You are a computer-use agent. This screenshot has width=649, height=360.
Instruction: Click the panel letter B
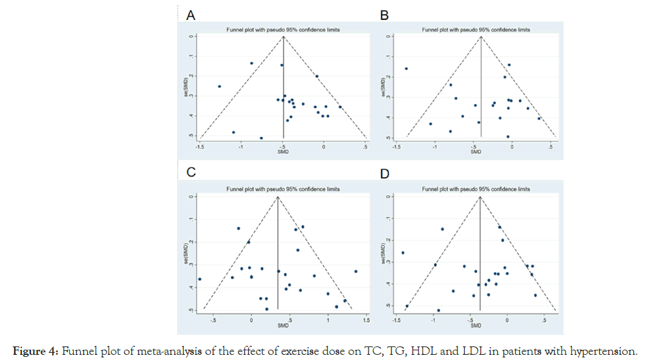point(385,16)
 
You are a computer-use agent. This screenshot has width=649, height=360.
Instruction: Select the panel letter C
point(191,173)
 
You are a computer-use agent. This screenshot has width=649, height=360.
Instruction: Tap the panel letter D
point(385,173)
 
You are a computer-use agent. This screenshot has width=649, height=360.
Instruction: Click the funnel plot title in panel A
point(282,30)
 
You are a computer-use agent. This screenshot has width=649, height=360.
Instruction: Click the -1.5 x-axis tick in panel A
point(201,146)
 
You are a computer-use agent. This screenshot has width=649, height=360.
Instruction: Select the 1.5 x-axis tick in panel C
point(367,319)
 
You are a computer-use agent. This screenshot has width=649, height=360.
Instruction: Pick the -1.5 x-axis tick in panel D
point(396,320)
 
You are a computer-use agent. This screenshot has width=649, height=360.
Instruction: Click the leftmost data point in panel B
point(406,69)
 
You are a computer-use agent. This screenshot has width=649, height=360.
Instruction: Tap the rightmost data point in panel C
point(356,271)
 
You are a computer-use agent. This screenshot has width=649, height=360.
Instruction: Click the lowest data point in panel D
point(438,310)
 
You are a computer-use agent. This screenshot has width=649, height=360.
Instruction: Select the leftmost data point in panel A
point(219,86)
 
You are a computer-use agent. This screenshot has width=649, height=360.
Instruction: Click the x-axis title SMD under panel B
point(476,152)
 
